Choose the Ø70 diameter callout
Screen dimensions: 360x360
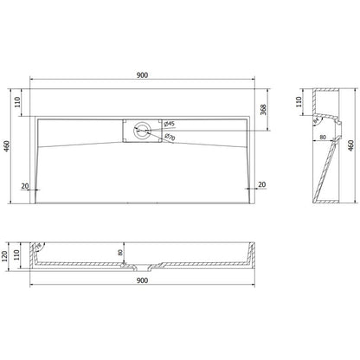(170, 137)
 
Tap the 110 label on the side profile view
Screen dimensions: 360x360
(300, 102)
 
